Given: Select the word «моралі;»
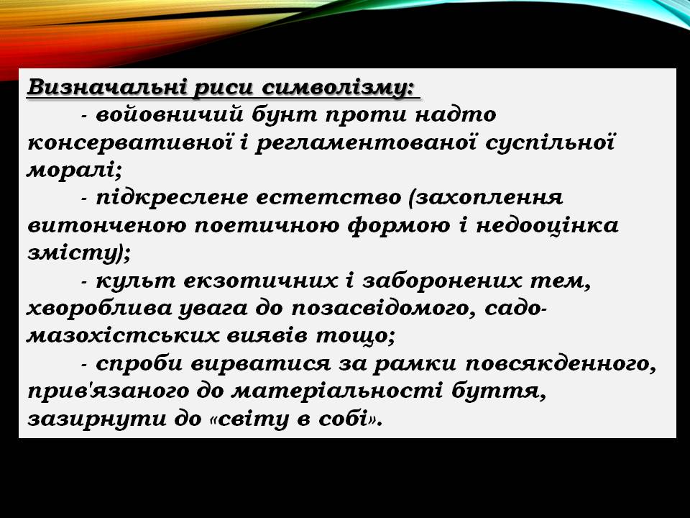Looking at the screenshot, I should [x=75, y=170].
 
